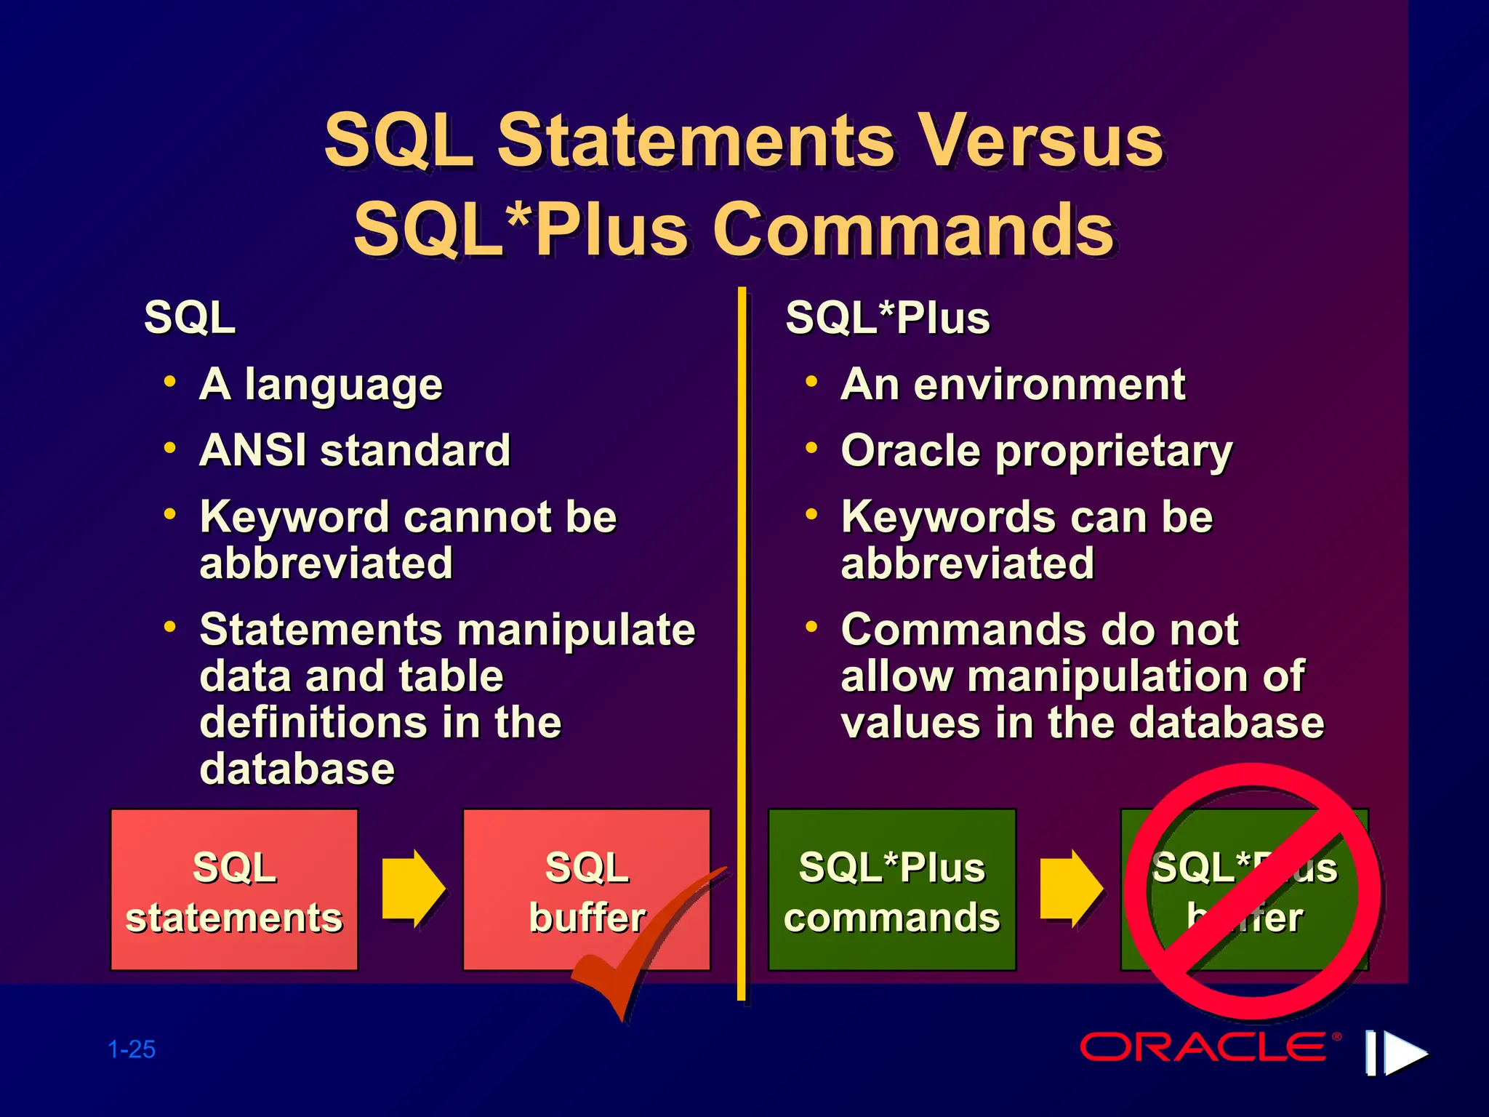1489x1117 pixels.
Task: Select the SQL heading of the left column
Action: click(x=190, y=318)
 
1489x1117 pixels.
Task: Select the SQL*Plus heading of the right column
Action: click(x=888, y=318)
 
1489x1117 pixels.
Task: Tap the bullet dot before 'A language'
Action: click(x=170, y=381)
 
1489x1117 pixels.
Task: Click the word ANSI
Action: click(x=253, y=450)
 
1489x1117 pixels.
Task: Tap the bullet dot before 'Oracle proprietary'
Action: click(x=811, y=448)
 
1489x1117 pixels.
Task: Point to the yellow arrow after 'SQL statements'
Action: click(x=412, y=888)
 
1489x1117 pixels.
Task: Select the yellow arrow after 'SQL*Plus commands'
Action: click(x=1070, y=888)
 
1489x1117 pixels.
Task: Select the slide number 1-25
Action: click(x=132, y=1049)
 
